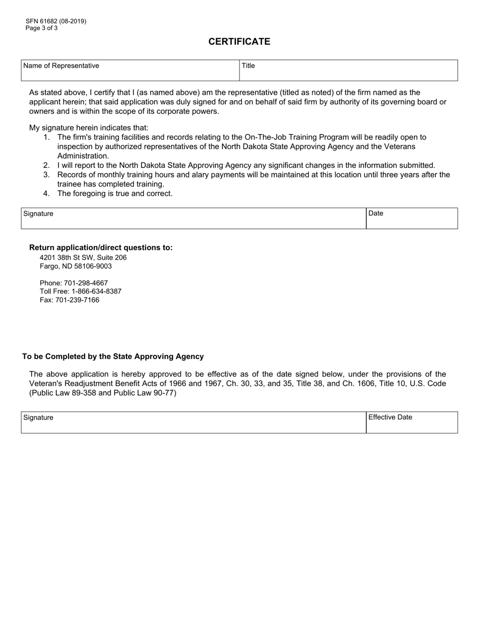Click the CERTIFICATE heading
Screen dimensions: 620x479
pyautogui.click(x=239, y=42)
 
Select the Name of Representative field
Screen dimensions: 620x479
pyautogui.click(x=130, y=71)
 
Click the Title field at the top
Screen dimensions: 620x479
pyautogui.click(x=348, y=71)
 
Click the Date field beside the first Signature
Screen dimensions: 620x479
pyautogui.click(x=411, y=219)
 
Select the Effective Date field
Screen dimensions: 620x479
pyautogui.click(x=411, y=422)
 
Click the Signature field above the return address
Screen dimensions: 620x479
pyautogui.click(x=193, y=219)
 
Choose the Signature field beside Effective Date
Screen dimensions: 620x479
pyautogui.click(x=193, y=422)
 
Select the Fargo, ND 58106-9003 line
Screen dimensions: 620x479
pyautogui.click(x=76, y=266)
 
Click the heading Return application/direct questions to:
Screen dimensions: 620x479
pyautogui.click(x=101, y=247)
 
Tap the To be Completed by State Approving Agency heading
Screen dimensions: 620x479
pyautogui.click(x=113, y=356)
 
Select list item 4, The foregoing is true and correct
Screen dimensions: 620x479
pyautogui.click(x=114, y=194)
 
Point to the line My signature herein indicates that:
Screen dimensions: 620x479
pyautogui.click(x=89, y=128)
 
